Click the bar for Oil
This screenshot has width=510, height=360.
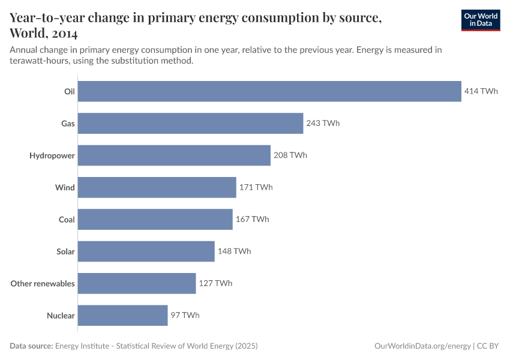click(269, 91)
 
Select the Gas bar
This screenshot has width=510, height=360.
click(190, 124)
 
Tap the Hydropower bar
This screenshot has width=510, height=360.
click(174, 155)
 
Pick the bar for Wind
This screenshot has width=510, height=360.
click(157, 187)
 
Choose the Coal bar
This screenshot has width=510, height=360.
click(155, 220)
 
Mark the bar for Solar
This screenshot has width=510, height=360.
click(146, 251)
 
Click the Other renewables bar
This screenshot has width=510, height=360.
click(137, 283)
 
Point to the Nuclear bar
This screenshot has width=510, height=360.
click(122, 315)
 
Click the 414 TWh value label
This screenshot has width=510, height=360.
click(481, 91)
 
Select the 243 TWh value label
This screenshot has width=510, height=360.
click(323, 124)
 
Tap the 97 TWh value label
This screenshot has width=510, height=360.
click(185, 315)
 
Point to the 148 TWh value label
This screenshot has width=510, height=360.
click(234, 251)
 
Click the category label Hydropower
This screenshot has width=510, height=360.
click(52, 155)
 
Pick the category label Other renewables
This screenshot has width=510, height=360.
click(43, 283)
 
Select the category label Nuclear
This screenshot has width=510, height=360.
click(61, 315)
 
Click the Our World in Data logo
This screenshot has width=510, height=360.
click(480, 19)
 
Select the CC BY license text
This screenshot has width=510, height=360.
click(488, 346)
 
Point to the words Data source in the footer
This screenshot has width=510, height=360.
click(31, 346)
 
